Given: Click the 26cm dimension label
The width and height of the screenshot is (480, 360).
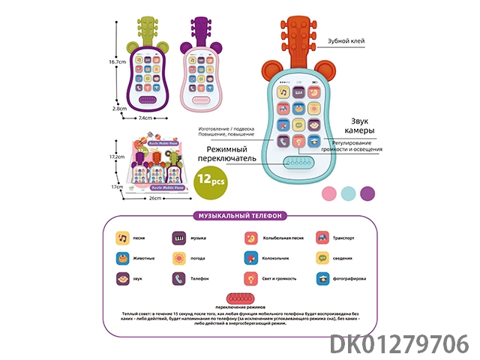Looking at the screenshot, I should (156, 199).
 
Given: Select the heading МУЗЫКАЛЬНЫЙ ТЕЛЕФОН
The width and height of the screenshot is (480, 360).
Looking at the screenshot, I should (238, 215).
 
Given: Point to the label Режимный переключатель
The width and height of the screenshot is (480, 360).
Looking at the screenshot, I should (227, 153).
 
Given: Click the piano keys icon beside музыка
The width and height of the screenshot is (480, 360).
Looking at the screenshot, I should (179, 238).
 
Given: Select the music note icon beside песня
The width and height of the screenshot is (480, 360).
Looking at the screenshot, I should (121, 238).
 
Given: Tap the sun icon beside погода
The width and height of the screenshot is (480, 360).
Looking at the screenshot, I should (179, 259).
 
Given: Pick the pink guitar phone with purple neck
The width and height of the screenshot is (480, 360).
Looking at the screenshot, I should (199, 75).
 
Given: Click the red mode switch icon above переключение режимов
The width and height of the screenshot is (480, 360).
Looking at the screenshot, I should (238, 298).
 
